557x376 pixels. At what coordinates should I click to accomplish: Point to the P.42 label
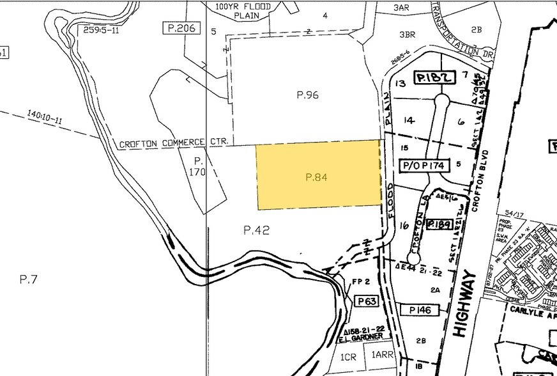click(x=257, y=230)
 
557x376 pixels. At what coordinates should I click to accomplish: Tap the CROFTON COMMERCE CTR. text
click(x=170, y=143)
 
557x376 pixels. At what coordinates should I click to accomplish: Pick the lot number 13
click(x=401, y=83)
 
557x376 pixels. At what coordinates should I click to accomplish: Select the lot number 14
click(x=409, y=120)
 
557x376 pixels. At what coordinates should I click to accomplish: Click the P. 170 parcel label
click(x=199, y=166)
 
